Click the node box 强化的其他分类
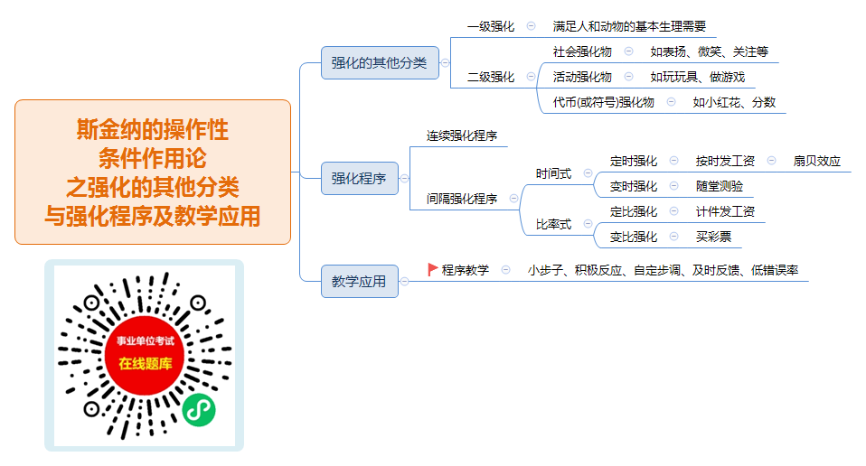[x=380, y=63]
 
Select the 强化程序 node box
[x=360, y=178]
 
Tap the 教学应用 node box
[x=360, y=281]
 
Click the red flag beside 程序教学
[x=433, y=269]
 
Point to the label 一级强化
[x=491, y=26]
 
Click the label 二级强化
[x=491, y=77]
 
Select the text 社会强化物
[x=582, y=51]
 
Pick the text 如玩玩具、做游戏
[x=698, y=77]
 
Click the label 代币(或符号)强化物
[x=604, y=103]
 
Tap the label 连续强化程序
[x=462, y=135]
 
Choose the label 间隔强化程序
[x=462, y=199]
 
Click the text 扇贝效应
[x=817, y=161]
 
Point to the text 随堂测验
[x=719, y=186]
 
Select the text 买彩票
[x=713, y=238]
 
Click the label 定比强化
[x=634, y=211]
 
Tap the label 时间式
[x=553, y=173]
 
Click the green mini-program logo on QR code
[x=199, y=410]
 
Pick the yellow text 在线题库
[x=146, y=363]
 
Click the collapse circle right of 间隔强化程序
[x=513, y=199]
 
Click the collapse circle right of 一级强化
[x=531, y=26]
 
